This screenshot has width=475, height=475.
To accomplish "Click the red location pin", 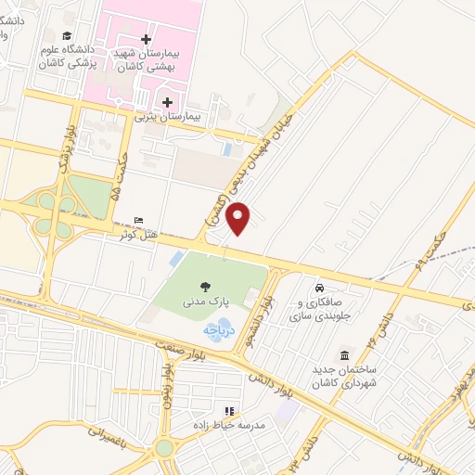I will (240, 217).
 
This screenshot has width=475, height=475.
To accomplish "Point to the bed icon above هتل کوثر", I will (138, 220).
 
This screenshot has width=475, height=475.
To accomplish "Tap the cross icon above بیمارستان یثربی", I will (166, 101).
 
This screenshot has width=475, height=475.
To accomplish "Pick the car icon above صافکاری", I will (320, 288).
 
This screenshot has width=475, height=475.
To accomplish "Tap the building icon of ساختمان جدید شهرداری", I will (344, 357).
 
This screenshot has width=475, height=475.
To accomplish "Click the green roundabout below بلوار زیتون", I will (165, 448).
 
